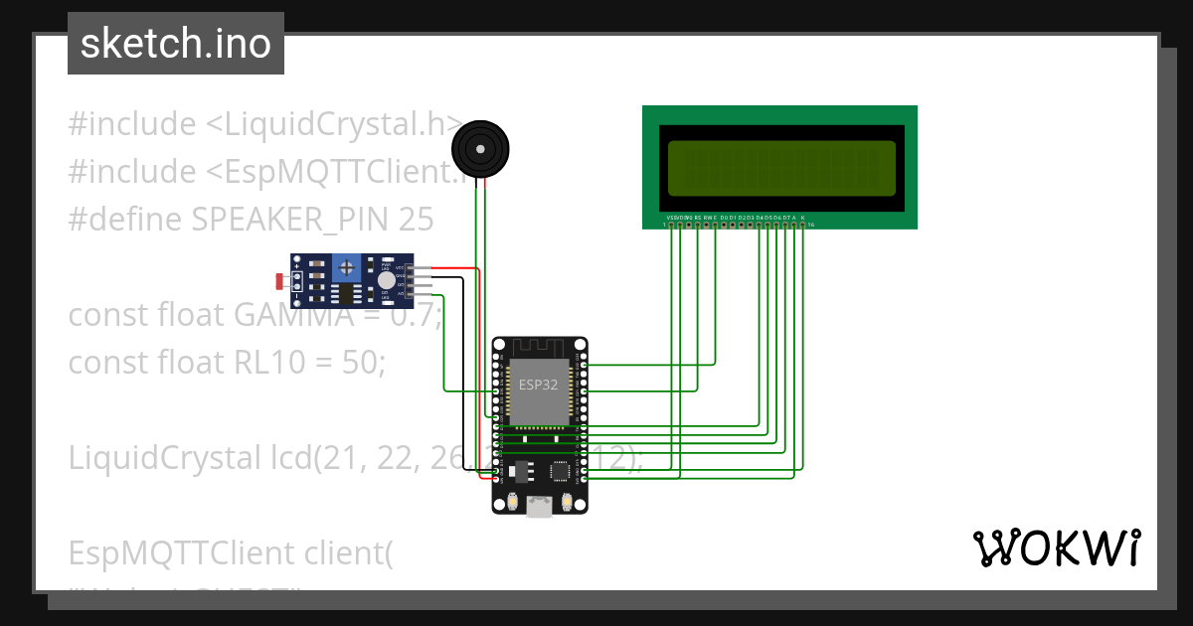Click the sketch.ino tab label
coord(176,44)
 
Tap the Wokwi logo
coord(1056,548)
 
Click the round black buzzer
coord(481,149)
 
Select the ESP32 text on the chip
coord(538,385)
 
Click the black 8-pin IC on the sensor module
coord(345,294)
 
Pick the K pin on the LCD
coord(803,226)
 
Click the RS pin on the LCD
coord(698,226)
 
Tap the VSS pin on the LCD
coord(671,226)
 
